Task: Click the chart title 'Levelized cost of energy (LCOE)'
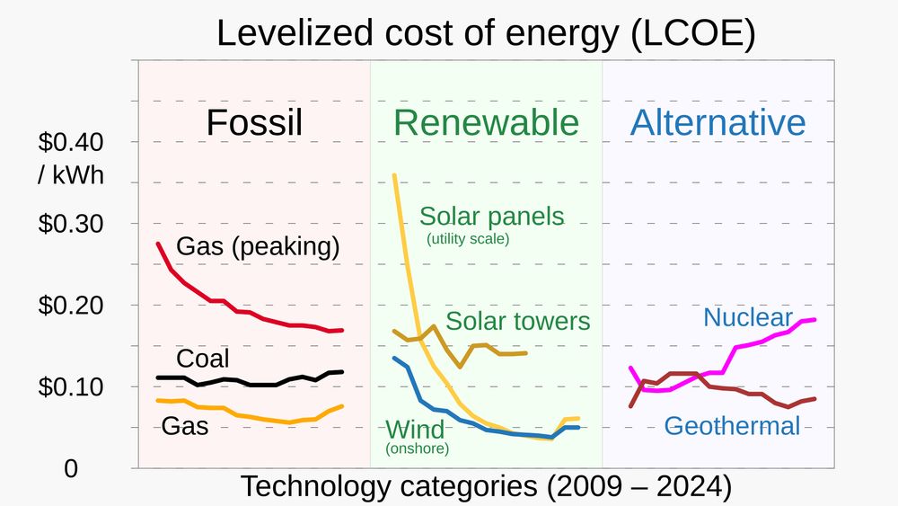[486, 33]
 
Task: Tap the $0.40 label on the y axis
[71, 142]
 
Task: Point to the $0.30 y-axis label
[71, 224]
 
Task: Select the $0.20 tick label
[71, 306]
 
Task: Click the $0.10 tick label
[71, 387]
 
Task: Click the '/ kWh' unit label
[71, 175]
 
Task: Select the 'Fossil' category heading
[254, 123]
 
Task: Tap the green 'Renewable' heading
[486, 123]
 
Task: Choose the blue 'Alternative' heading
[718, 123]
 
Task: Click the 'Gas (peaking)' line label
[259, 246]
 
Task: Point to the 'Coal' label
[202, 359]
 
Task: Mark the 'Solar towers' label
[517, 321]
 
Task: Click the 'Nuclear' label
[748, 317]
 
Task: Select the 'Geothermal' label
[732, 425]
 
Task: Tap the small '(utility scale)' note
[467, 239]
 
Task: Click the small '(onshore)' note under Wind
[417, 448]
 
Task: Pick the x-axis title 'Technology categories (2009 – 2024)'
[487, 487]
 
